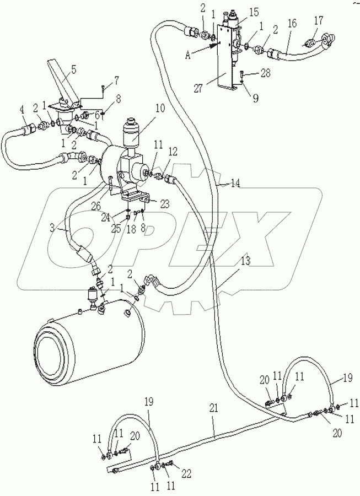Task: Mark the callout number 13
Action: click(245, 262)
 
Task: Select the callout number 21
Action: click(214, 408)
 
